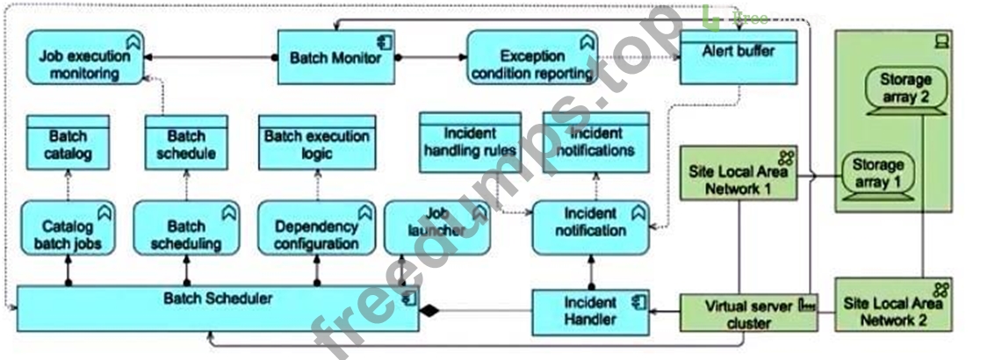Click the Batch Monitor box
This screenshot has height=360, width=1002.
pyautogui.click(x=336, y=57)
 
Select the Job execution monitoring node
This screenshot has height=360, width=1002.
pyautogui.click(x=85, y=57)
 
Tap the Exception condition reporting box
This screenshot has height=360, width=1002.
pyautogui.click(x=532, y=57)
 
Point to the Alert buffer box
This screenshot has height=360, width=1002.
pyautogui.click(x=738, y=57)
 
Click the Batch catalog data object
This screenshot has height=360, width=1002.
pyautogui.click(x=68, y=142)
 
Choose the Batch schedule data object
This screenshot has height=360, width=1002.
pyautogui.click(x=186, y=142)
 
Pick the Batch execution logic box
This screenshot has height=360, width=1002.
pyautogui.click(x=317, y=142)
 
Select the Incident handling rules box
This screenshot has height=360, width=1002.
pyautogui.click(x=470, y=142)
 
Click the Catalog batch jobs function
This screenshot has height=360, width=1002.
pyautogui.click(x=68, y=228)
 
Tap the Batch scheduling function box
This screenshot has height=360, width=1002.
pyautogui.click(x=186, y=228)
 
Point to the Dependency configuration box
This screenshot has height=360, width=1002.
pyautogui.click(x=316, y=228)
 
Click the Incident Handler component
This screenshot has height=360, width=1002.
pyautogui.click(x=590, y=313)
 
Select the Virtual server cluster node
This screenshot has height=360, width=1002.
pyautogui.click(x=748, y=313)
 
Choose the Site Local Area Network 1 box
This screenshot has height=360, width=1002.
pyautogui.click(x=738, y=173)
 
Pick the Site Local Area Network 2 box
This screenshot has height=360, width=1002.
pyautogui.click(x=893, y=305)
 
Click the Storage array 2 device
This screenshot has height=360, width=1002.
pyautogui.click(x=905, y=91)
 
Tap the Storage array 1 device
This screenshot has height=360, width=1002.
pyautogui.click(x=877, y=176)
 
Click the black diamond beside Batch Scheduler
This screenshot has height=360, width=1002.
pyautogui.click(x=429, y=312)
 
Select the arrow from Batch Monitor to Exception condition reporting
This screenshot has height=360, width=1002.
pyautogui.click(x=430, y=58)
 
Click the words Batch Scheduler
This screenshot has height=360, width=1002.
pyautogui.click(x=218, y=299)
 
